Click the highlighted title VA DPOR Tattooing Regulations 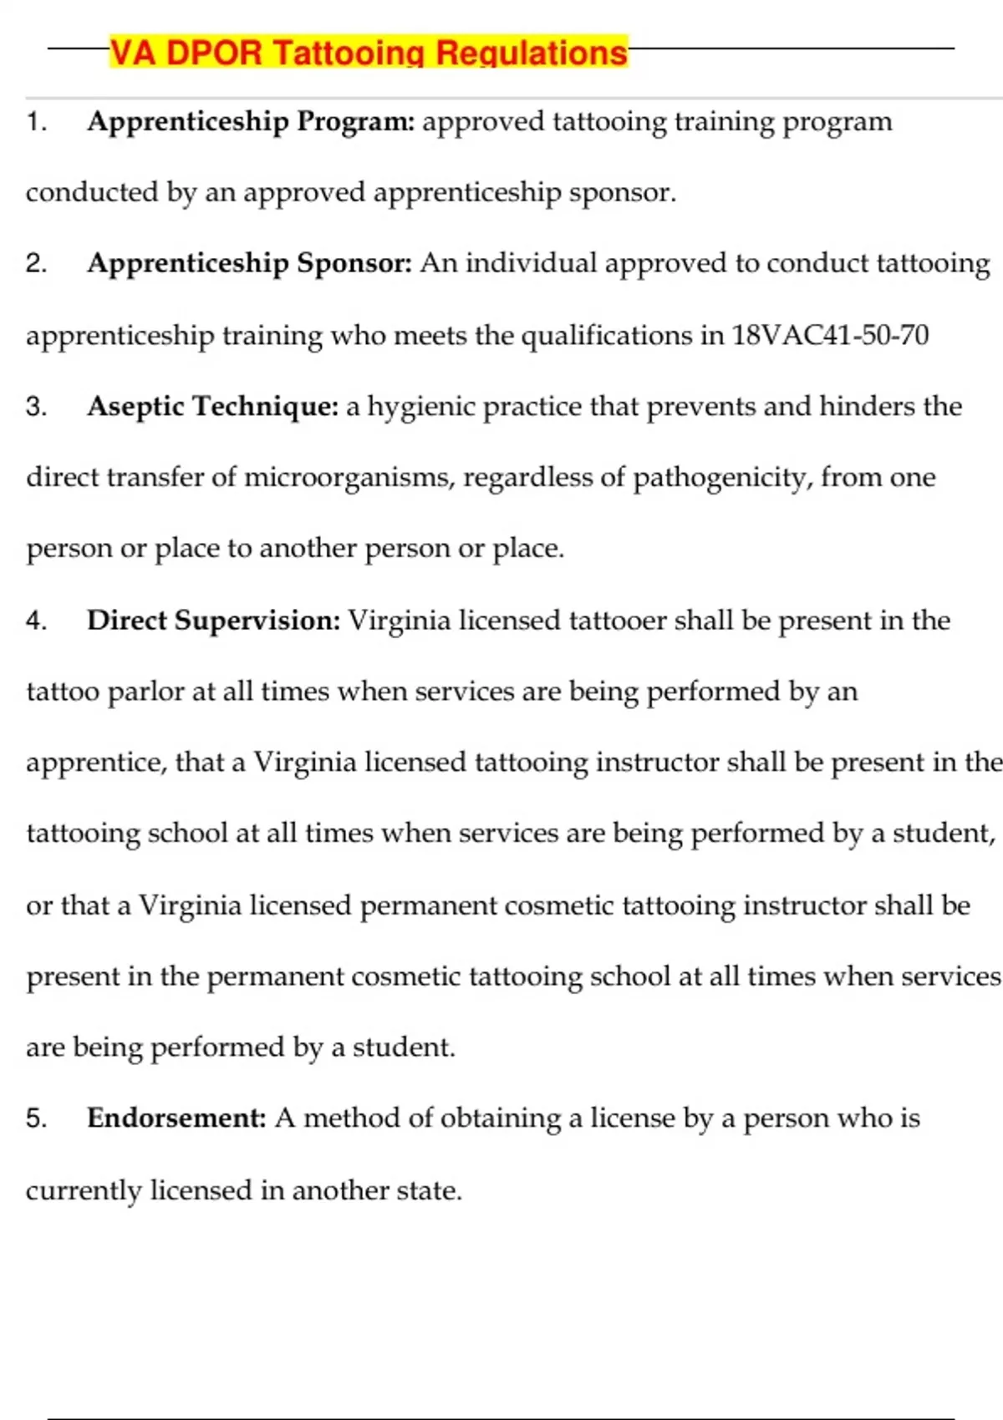[x=368, y=53]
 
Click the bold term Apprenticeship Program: [x=251, y=122]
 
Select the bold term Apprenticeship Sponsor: [x=249, y=264]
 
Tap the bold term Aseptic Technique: [x=212, y=407]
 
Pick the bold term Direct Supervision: [x=213, y=621]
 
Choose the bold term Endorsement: [x=176, y=1118]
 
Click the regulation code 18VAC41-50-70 [x=830, y=336]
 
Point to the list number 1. [x=35, y=123]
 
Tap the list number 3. [x=36, y=408]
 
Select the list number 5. [x=36, y=1119]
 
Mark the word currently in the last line [x=84, y=1191]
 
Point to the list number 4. [x=36, y=621]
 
